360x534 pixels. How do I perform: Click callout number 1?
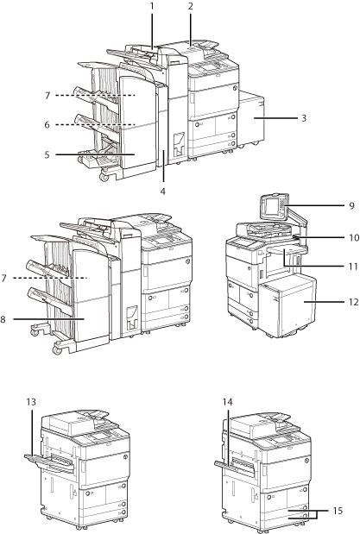(x=152, y=6)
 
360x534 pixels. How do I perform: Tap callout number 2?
(x=191, y=6)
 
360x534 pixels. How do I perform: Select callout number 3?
(x=304, y=118)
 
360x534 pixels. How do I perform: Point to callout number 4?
(x=163, y=192)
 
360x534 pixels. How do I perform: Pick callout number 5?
(x=47, y=154)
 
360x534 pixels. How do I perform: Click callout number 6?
(x=47, y=125)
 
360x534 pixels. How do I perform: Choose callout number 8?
(x=3, y=319)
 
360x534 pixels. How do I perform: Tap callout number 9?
(x=352, y=205)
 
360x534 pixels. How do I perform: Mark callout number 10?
(x=354, y=237)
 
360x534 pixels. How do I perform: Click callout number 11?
(x=353, y=267)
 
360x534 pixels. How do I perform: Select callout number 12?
(x=354, y=302)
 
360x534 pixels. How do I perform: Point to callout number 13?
(x=31, y=402)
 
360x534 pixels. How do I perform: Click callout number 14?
(x=227, y=402)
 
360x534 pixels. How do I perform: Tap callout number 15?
(x=338, y=511)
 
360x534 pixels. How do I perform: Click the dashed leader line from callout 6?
(x=95, y=125)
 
